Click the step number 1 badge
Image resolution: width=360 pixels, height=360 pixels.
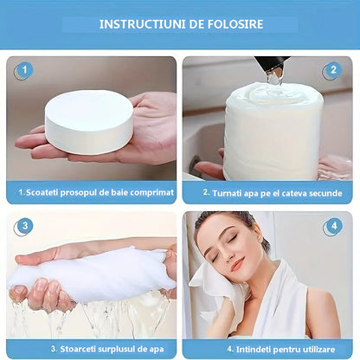[23, 70]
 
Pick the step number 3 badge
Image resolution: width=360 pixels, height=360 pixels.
[23, 228]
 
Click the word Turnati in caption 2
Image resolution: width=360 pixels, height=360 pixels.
[227, 192]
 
